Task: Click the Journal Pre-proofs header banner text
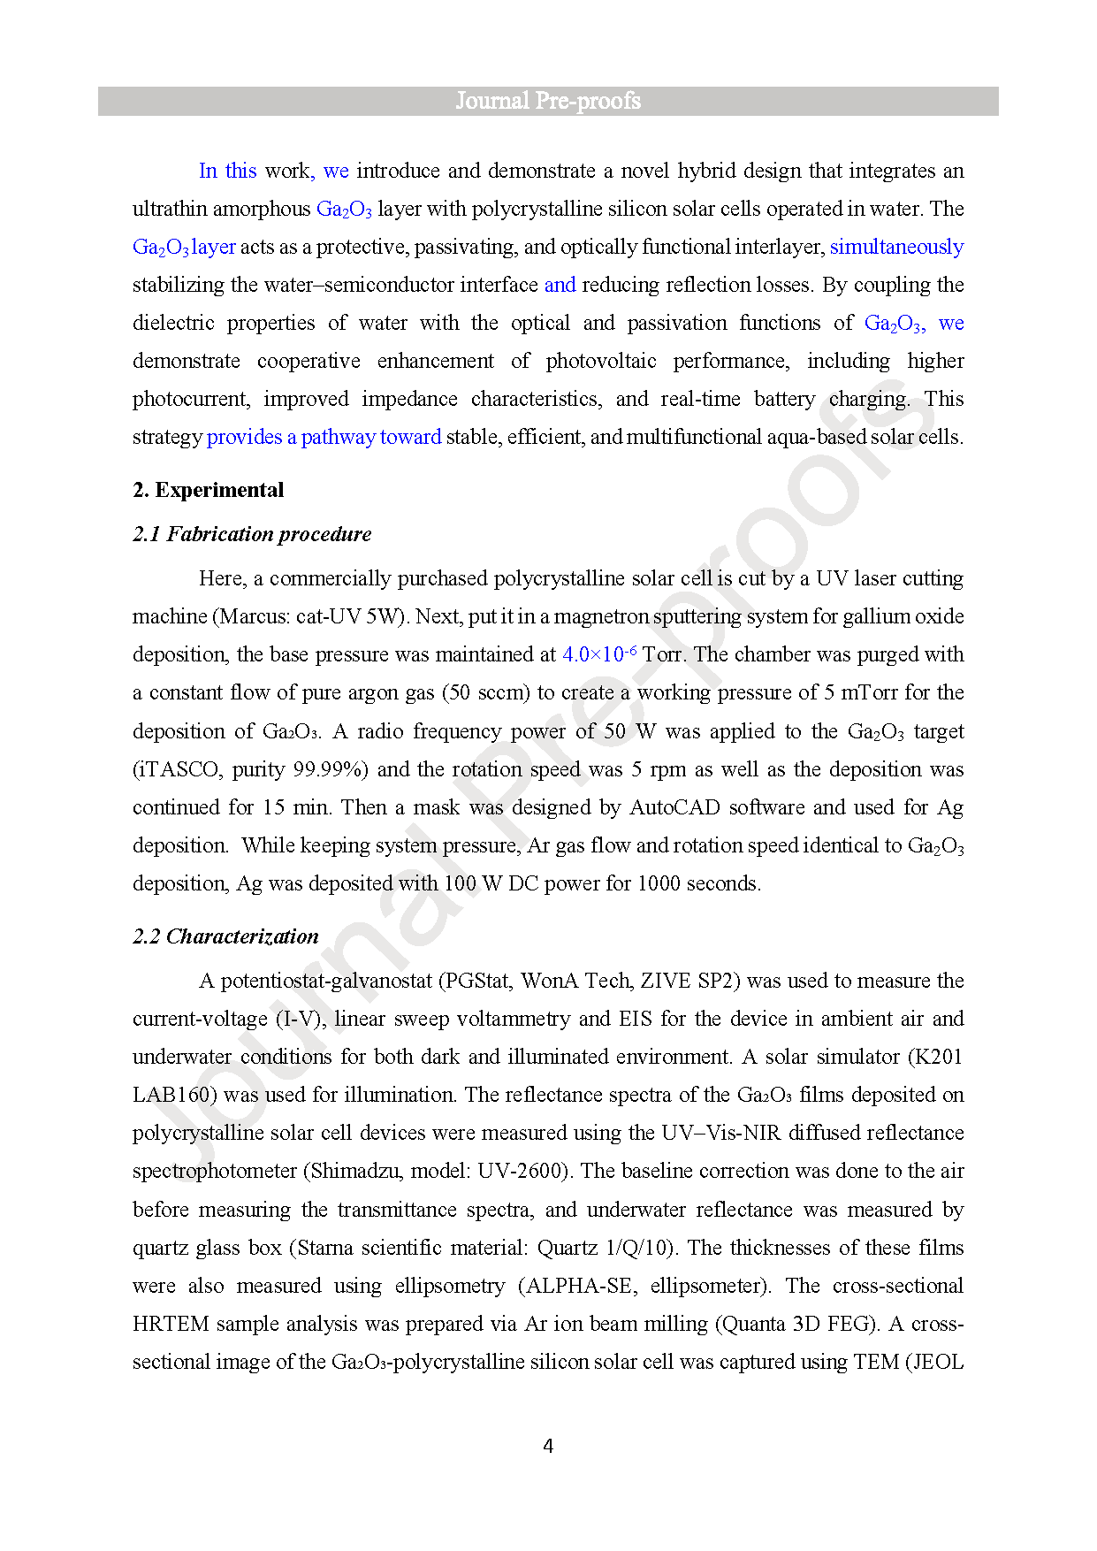pyautogui.click(x=548, y=101)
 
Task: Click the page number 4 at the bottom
pyautogui.click(x=548, y=1446)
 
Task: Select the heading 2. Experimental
pyautogui.click(x=209, y=490)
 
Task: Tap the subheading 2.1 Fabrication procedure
pyautogui.click(x=252, y=534)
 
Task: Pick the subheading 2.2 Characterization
pyautogui.click(x=225, y=936)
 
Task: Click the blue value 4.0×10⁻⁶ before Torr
pyautogui.click(x=599, y=654)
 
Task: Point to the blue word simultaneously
pyautogui.click(x=896, y=247)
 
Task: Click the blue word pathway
pyautogui.click(x=338, y=437)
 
